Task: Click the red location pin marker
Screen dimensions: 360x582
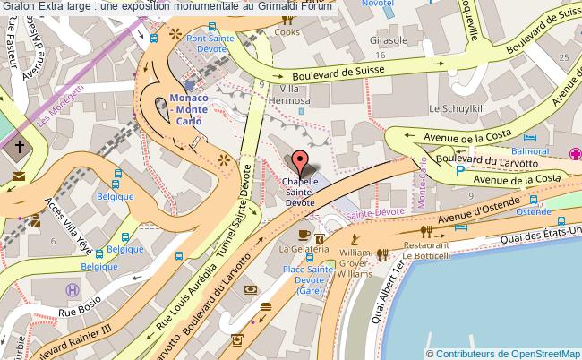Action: [x=300, y=162]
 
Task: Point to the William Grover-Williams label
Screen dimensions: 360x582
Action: [x=355, y=264]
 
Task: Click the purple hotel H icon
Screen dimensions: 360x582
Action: [x=72, y=289]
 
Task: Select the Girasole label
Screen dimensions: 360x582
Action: [x=389, y=40]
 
